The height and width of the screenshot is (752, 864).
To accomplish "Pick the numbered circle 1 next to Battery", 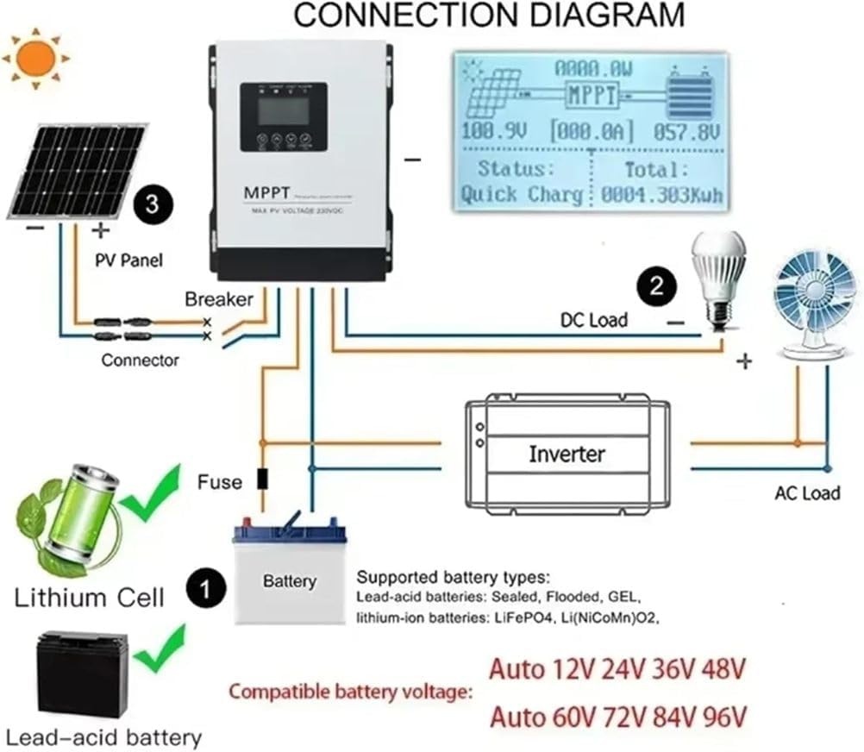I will click(x=205, y=590).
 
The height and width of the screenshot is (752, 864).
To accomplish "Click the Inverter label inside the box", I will click(x=567, y=454).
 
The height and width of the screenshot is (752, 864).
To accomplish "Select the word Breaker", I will click(x=219, y=299).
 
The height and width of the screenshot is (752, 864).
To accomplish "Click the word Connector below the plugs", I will click(x=140, y=360).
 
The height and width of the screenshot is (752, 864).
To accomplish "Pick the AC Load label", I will click(x=806, y=494).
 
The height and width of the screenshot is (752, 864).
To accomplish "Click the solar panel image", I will click(x=78, y=170).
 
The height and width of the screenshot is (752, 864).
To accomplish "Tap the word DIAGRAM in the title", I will click(x=595, y=16).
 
